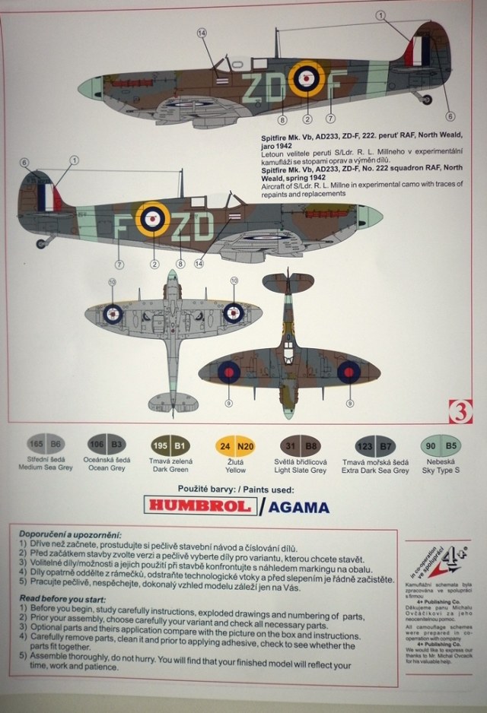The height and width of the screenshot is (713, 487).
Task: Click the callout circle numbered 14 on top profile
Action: [x=202, y=33]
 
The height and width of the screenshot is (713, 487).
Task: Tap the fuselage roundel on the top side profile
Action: [x=307, y=78]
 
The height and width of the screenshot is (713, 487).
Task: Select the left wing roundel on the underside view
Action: [x=113, y=312]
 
